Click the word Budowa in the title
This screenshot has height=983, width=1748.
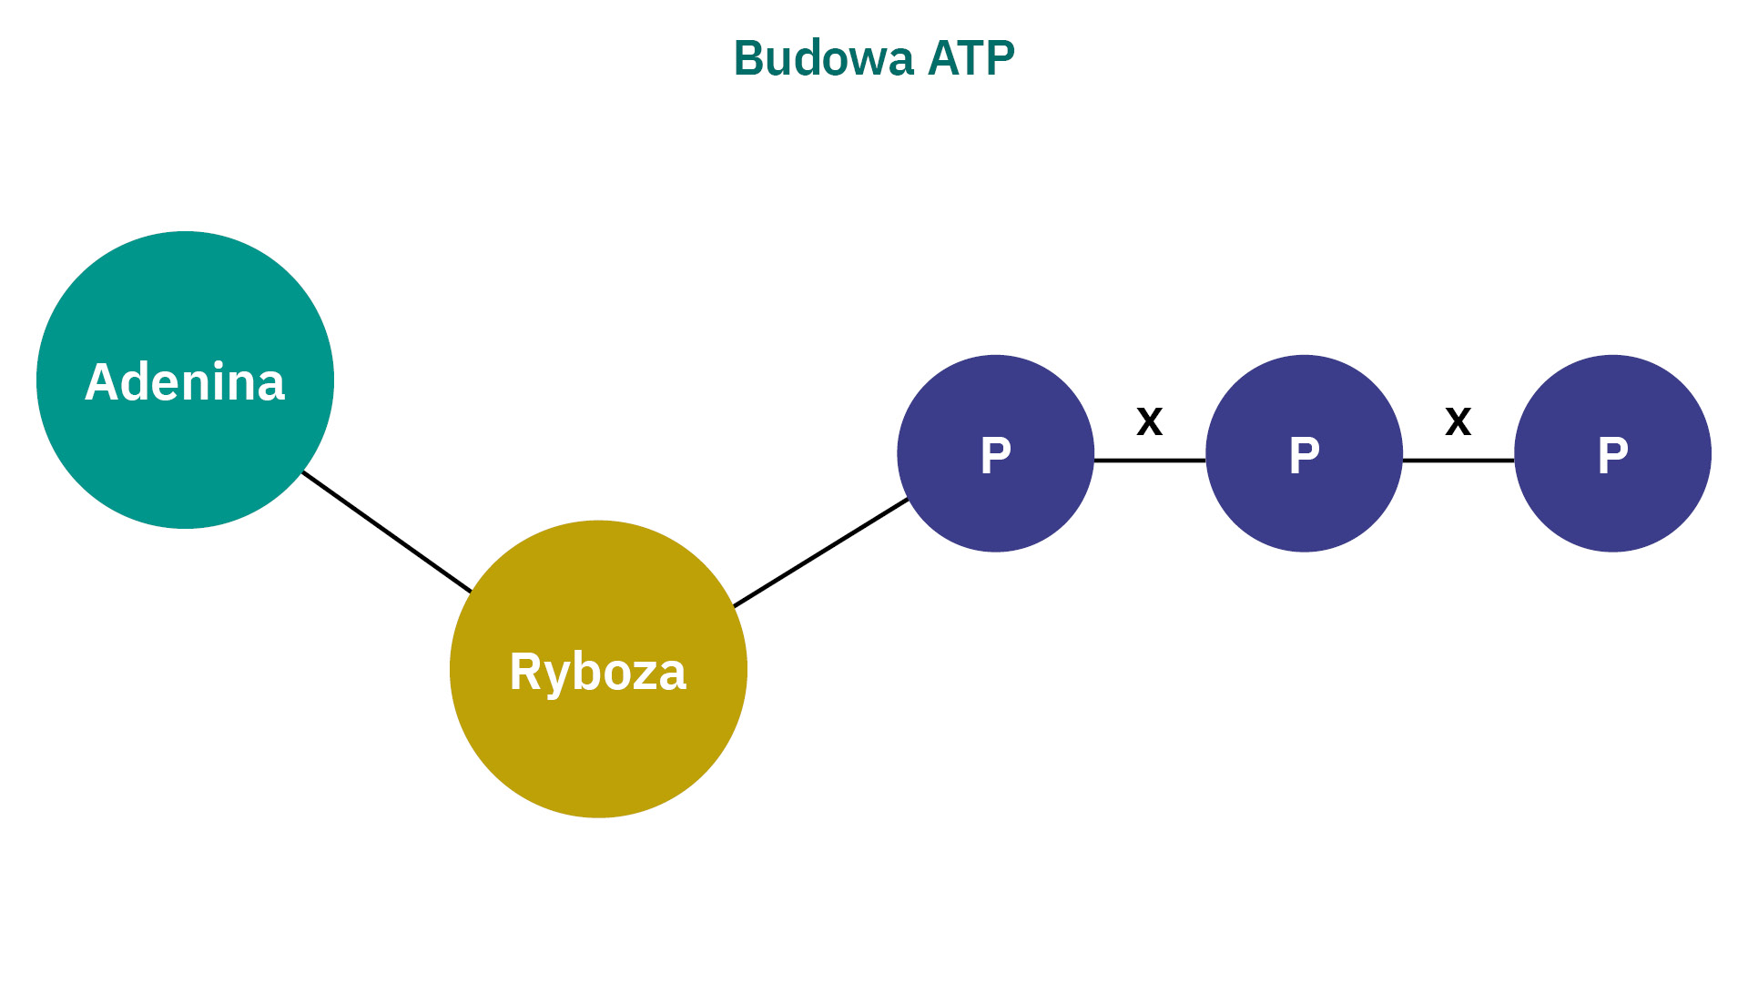point(823,59)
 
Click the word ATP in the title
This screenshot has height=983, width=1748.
point(971,59)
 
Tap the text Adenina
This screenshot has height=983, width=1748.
point(185,382)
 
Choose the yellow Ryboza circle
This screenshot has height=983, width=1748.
point(598,746)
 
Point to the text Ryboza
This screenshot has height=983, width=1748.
point(598,672)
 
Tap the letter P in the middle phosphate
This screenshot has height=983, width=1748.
point(1304,455)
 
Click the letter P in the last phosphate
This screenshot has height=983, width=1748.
point(1612,455)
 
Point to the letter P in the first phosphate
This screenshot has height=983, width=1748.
point(995,455)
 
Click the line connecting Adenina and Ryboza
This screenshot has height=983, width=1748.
point(387,532)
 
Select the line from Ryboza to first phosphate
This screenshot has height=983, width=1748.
point(821,552)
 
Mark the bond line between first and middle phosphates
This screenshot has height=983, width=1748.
point(1150,461)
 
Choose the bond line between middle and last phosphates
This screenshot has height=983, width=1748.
point(1458,461)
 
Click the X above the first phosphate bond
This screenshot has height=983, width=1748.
point(1150,421)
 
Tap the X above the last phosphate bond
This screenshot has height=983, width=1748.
point(1458,421)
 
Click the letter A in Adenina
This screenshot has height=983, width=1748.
point(103,382)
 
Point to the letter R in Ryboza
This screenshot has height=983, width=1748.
point(525,672)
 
